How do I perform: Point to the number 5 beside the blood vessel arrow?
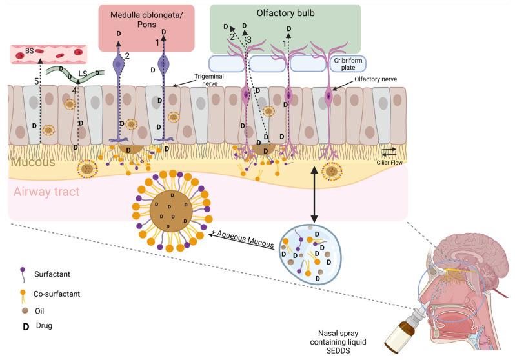coord(36,81)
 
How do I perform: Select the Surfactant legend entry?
coord(65,274)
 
